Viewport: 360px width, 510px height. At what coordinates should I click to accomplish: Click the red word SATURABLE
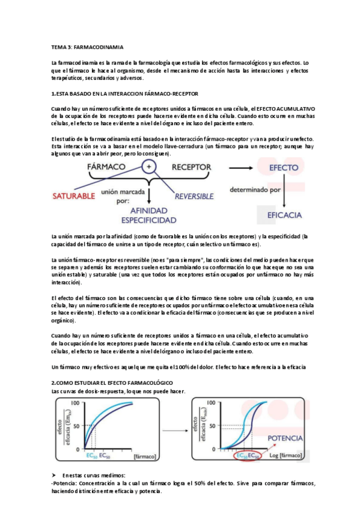pos(74,195)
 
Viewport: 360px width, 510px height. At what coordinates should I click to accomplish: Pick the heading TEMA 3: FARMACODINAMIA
pos(87,46)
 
